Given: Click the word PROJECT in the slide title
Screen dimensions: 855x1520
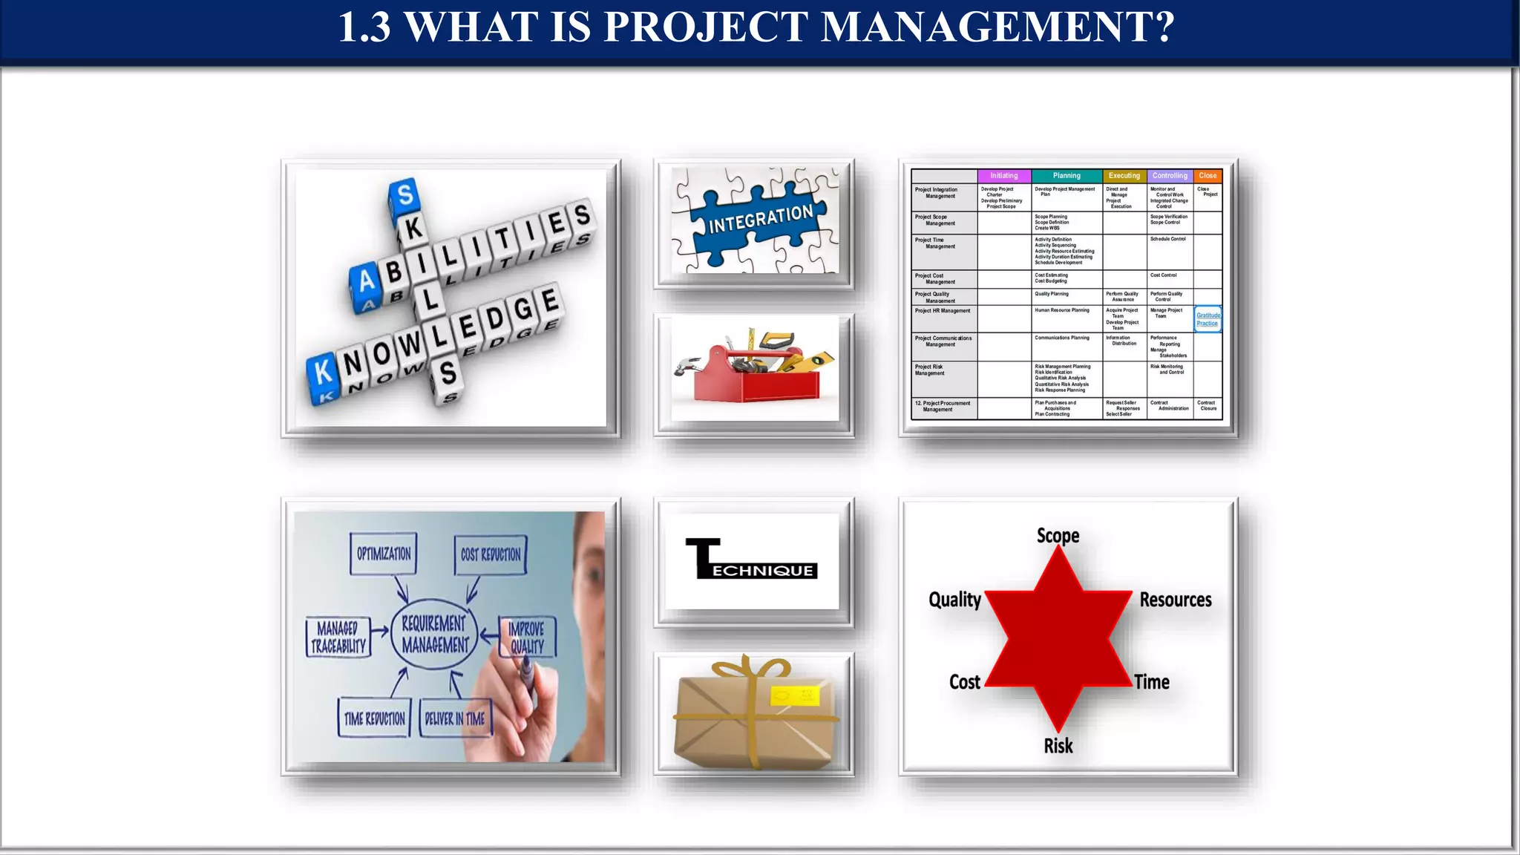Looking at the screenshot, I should click(705, 27).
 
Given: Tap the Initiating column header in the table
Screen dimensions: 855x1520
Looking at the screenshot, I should click(1003, 176).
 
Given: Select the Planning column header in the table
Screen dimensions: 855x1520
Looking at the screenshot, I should click(1067, 176).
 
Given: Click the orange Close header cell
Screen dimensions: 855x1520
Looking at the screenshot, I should click(1208, 176).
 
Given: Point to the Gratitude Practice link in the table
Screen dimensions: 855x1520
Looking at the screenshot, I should click(1208, 319).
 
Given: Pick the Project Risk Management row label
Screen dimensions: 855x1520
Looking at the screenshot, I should click(929, 370).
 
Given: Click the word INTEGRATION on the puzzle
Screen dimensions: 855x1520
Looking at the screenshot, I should click(761, 219).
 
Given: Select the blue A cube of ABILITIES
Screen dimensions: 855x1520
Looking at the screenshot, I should click(366, 282).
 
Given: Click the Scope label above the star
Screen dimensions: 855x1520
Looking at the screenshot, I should click(1058, 536).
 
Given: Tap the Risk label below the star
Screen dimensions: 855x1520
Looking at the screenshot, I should click(1058, 746).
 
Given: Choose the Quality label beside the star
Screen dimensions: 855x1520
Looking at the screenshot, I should click(954, 600).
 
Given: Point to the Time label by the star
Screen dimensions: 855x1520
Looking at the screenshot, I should click(1151, 682).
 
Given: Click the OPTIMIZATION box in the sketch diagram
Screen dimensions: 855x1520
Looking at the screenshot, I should click(384, 554).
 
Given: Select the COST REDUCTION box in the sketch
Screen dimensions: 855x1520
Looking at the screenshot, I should click(491, 554).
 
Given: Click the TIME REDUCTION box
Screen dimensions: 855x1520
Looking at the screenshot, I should click(374, 718).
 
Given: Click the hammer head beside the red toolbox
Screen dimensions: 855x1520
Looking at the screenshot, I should click(684, 366).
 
